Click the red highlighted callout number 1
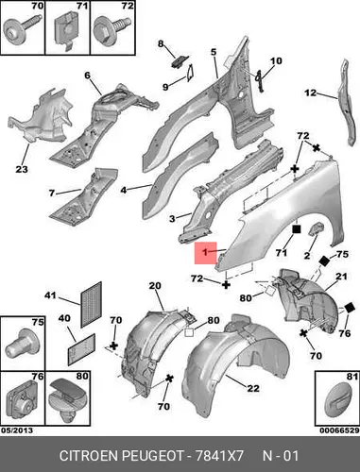205,252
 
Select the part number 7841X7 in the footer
219,456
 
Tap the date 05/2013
17,430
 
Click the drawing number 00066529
339,430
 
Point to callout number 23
22,169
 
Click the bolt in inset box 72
111,29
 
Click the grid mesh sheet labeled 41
92,305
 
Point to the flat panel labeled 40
81,349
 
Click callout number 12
310,93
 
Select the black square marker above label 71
297,229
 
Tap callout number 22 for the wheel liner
253,388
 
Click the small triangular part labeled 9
191,73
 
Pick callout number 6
87,76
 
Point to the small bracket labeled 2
317,228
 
